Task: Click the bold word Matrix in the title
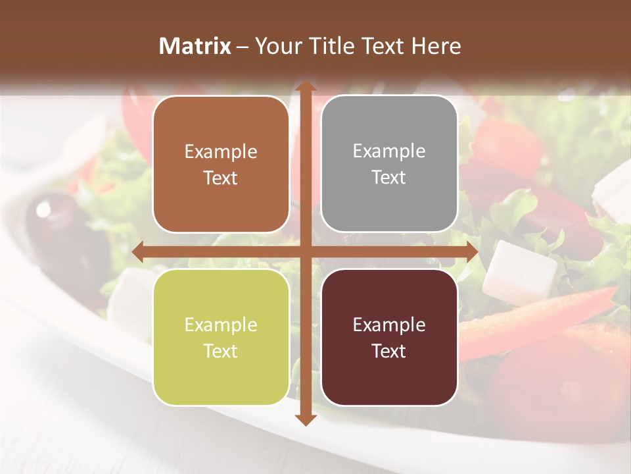195,46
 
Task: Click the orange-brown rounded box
221,164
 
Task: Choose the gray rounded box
389,164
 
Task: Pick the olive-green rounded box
221,337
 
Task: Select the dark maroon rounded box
389,337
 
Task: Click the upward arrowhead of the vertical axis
306,87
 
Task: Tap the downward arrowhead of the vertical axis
306,419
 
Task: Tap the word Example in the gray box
389,151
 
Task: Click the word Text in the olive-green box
221,351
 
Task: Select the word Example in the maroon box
389,325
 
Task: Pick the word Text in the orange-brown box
221,178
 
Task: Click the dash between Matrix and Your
243,47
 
